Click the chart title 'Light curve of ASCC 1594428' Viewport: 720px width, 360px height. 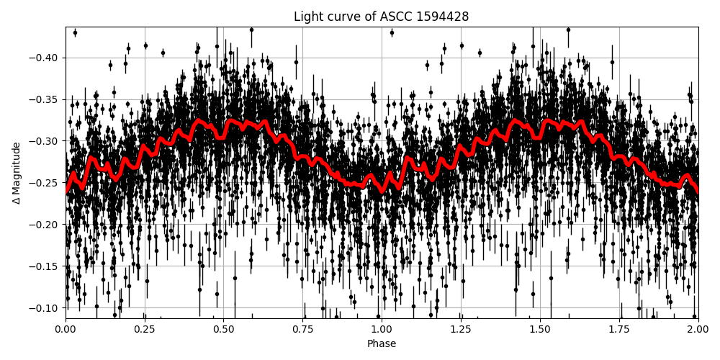(381, 17)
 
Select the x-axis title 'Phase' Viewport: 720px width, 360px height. (381, 344)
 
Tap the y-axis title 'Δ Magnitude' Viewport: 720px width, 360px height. (17, 173)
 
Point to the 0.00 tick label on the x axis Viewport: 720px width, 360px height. (66, 329)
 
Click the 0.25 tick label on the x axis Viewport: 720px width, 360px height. (145, 329)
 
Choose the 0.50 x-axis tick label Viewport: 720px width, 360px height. (223, 329)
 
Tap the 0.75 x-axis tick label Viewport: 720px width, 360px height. (302, 329)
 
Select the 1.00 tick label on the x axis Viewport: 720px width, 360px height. (382, 329)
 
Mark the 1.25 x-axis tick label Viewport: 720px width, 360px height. (461, 329)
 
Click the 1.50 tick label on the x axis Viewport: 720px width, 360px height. (540, 329)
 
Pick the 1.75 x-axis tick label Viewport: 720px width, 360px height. (619, 329)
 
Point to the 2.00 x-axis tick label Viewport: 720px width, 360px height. (698, 329)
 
